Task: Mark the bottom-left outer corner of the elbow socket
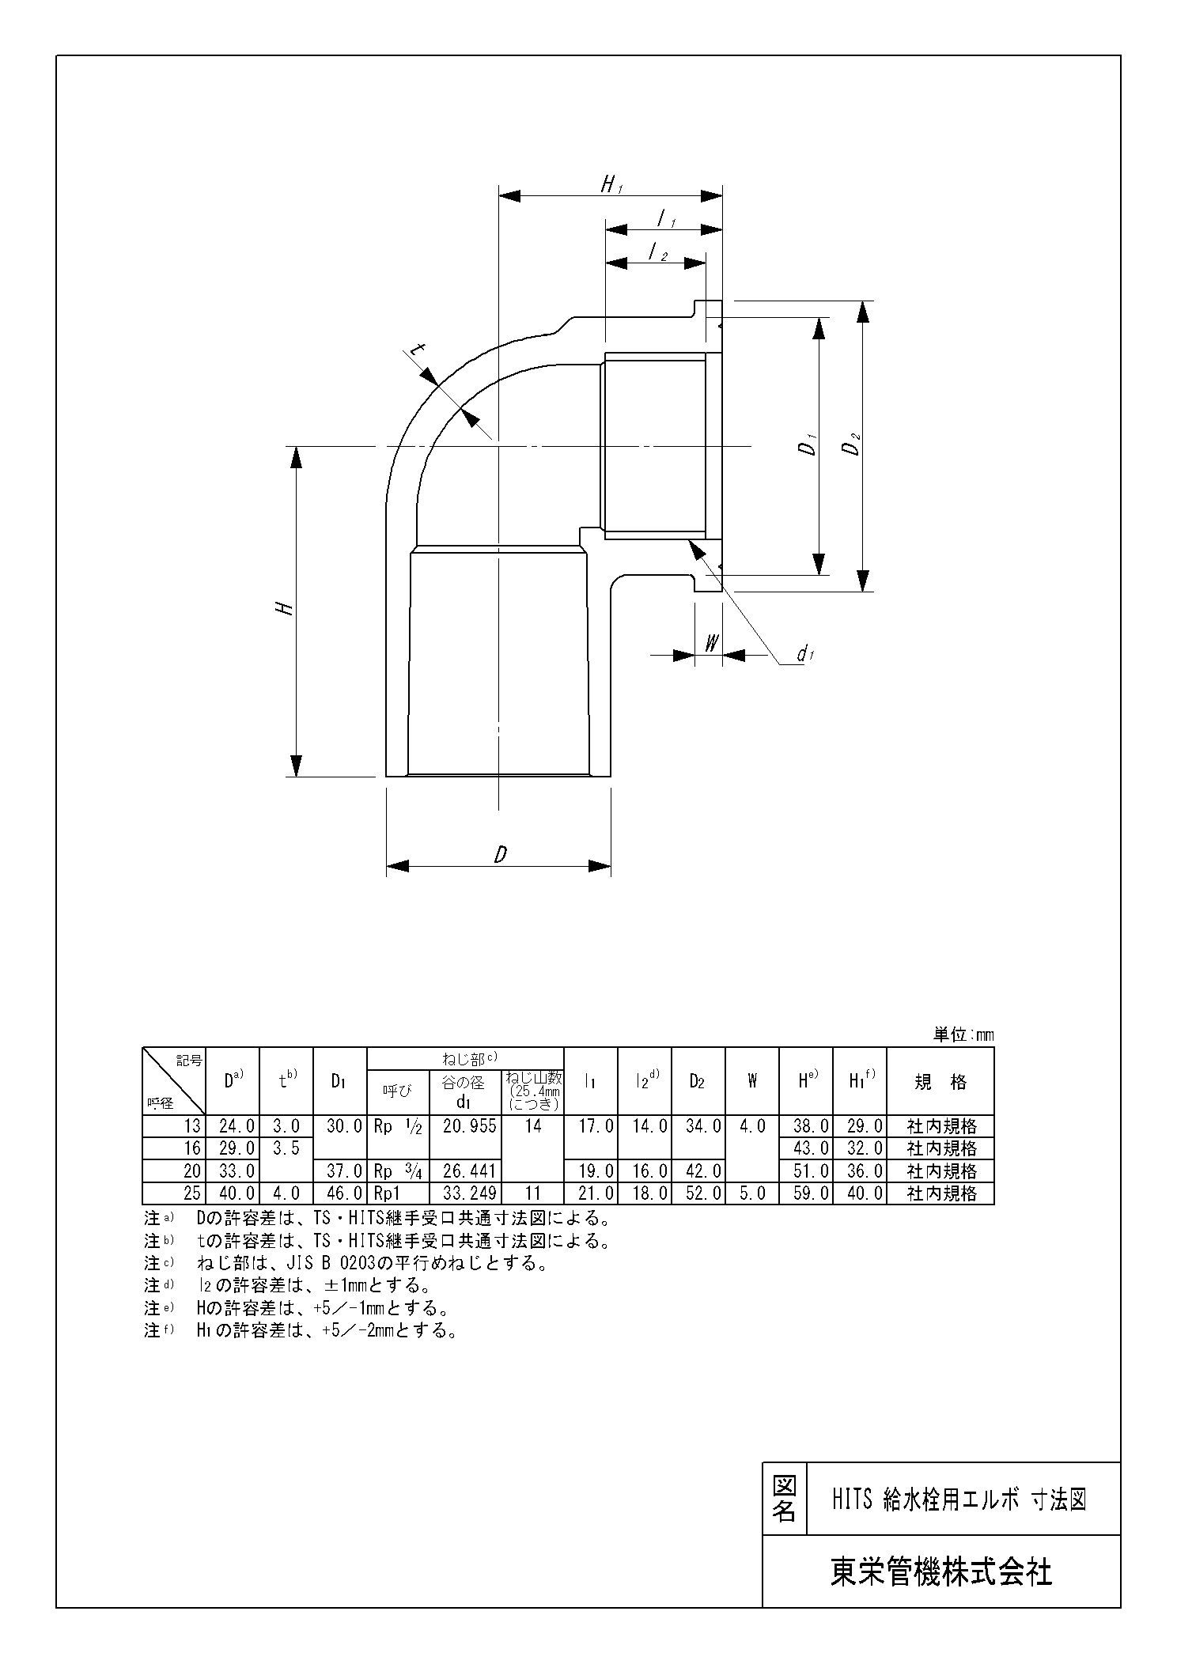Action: point(386,777)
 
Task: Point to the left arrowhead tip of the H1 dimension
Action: point(498,195)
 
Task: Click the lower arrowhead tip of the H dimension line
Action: point(297,777)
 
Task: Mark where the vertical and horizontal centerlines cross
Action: point(498,447)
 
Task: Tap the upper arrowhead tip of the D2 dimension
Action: point(863,301)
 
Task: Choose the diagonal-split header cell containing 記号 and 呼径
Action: point(173,1081)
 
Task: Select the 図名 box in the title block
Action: point(784,1497)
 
